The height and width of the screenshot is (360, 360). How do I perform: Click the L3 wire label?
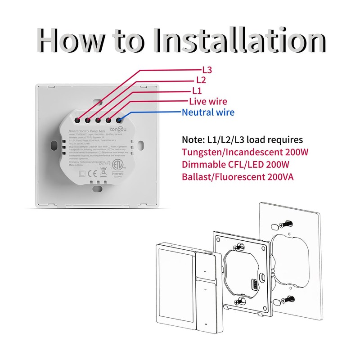(206, 70)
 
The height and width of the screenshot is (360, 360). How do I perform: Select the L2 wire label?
(201, 80)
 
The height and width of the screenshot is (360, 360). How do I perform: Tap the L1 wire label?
(197, 91)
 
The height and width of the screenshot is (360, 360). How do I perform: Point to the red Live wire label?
(208, 102)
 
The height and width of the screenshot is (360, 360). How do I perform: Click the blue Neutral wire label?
(208, 112)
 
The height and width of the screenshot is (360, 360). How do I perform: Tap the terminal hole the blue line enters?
(119, 120)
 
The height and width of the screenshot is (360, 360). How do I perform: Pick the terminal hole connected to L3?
(78, 120)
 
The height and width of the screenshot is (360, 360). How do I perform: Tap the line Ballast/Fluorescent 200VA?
(238, 176)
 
